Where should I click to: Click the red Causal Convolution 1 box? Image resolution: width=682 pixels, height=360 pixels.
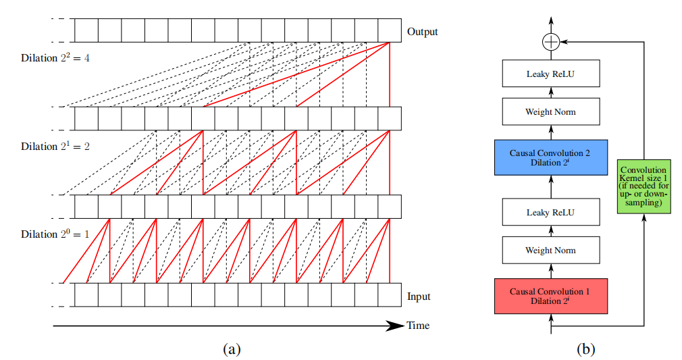tap(551, 296)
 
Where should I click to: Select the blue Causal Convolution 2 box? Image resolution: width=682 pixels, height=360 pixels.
tap(551, 157)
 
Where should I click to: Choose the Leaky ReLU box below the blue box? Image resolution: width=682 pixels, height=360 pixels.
tap(551, 212)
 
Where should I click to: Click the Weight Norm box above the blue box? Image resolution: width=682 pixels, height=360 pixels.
tap(551, 111)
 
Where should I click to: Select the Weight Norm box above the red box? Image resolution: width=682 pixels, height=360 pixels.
tap(551, 251)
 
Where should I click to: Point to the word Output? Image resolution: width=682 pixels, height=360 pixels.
tap(423, 32)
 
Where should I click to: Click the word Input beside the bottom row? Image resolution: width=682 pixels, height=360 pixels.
tap(419, 297)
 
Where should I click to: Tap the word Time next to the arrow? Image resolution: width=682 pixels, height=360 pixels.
tap(418, 326)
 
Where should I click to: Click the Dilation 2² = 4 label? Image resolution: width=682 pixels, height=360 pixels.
tap(55, 58)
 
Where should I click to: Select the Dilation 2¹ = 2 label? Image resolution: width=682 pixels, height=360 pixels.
tap(55, 147)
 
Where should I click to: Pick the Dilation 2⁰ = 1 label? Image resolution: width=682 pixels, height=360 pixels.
tap(55, 235)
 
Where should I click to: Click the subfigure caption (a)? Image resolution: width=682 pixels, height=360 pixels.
tap(231, 349)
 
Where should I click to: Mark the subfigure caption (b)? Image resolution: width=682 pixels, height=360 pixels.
tap(585, 349)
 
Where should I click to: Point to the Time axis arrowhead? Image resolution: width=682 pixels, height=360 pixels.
tap(396, 326)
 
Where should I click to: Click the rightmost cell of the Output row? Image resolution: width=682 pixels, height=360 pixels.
tap(390, 30)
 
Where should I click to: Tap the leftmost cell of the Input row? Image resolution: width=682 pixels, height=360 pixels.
tap(86, 295)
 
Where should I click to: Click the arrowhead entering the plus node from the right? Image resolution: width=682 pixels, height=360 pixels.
tap(565, 42)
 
